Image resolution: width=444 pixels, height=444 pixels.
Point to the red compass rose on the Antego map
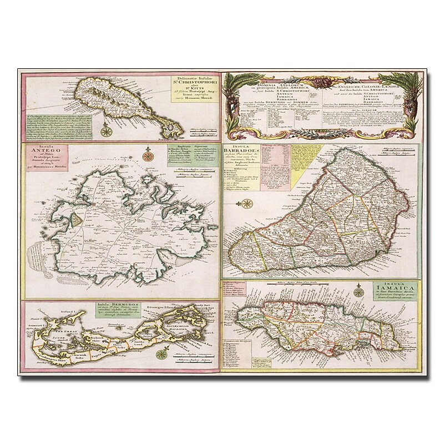tap(149, 156)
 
